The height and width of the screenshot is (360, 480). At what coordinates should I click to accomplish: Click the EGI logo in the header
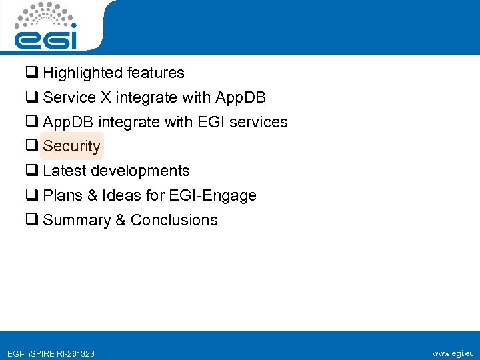coord(47,27)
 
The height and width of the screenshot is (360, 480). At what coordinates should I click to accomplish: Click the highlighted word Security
coord(72,146)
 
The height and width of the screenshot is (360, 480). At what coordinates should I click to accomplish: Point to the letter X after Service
coord(106,97)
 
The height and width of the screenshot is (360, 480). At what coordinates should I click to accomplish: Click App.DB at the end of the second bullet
coord(241,97)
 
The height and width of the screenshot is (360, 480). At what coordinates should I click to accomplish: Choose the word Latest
coord(65,171)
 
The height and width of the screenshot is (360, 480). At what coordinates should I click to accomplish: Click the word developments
coord(140,171)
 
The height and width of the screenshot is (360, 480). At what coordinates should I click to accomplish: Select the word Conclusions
coord(174,220)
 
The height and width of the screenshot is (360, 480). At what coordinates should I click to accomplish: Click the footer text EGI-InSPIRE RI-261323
coord(51,353)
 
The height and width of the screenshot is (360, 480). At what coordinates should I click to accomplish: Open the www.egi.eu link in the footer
coord(453,353)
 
